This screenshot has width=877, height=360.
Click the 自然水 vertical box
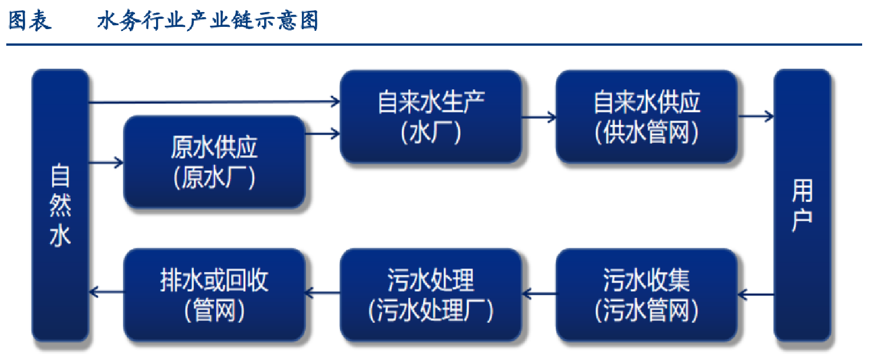coord(60,205)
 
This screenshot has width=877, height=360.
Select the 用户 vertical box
coord(802,205)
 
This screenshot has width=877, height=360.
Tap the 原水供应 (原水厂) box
coord(214,162)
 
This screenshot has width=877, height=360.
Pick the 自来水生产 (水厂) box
coord(430,117)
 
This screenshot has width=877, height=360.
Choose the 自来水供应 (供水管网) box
coord(647,117)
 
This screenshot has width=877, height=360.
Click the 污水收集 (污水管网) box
coord(647,295)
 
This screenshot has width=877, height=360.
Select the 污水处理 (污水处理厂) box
coord(430,295)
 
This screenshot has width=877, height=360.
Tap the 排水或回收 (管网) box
coord(214,295)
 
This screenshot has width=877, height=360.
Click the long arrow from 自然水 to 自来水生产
coord(214,102)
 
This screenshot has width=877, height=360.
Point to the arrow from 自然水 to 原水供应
coord(106,162)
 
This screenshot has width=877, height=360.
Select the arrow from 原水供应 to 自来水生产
coord(322,134)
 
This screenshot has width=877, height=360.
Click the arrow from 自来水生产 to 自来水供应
coord(539,117)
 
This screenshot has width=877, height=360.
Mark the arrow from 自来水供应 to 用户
coord(756,116)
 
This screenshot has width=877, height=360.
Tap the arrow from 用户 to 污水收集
coord(756,294)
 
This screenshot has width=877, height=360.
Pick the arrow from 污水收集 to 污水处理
coord(539,293)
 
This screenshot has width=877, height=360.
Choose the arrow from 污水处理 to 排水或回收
coord(322,293)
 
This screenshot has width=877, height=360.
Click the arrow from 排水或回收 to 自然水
coord(106,292)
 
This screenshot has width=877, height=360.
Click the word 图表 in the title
coord(30,21)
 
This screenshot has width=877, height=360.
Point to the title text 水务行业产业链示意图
coord(208,21)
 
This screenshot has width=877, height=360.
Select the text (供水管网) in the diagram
coord(647,132)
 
